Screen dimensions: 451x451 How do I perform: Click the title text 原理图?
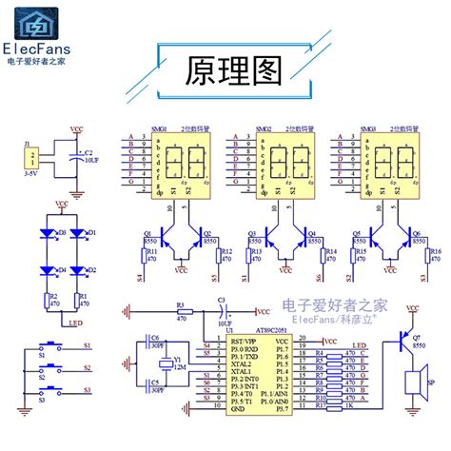point(225,69)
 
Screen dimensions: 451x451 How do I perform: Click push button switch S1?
point(47,345)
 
